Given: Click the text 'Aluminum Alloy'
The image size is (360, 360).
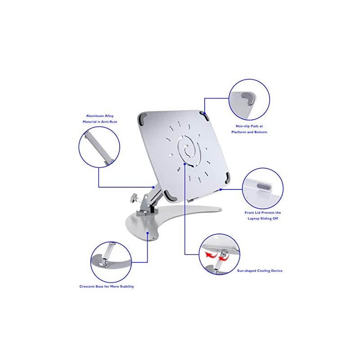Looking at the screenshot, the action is pos(100,116).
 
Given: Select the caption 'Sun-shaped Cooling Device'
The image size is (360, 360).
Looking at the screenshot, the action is pos(260,271).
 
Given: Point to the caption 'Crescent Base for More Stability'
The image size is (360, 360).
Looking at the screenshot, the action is pos(107,286).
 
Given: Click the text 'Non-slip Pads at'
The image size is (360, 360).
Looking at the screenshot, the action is pos(249,126).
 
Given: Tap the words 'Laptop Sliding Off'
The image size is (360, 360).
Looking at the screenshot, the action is pos(263,218).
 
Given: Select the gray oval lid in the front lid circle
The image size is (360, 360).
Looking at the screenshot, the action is pos(264,187).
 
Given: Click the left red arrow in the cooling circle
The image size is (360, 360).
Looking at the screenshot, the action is pos(211,255).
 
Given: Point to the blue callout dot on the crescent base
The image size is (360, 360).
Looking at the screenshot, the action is pos(148,233).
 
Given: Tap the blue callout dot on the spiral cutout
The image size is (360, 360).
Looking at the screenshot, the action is pos(185,164).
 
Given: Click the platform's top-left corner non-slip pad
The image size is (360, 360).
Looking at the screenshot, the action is pos(142,118).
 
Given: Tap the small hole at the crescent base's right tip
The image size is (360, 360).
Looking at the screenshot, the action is pos(220,209).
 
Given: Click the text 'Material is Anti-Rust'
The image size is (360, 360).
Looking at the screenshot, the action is pos(100,121).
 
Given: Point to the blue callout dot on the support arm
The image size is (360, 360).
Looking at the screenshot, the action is pos(153,187).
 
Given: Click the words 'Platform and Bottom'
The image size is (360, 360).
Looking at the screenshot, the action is pos(249,132).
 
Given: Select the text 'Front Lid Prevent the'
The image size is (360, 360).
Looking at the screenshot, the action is pos(263,212).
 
